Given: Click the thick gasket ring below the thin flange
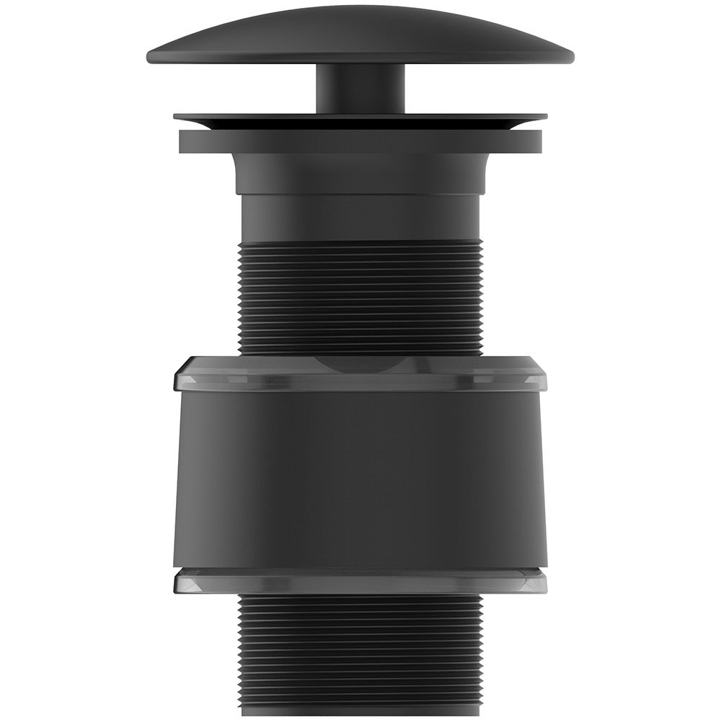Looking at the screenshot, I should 360,142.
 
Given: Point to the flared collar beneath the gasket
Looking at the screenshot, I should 360,173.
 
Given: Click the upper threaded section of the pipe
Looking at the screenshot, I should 360,296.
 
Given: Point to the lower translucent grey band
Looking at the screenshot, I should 360,581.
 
